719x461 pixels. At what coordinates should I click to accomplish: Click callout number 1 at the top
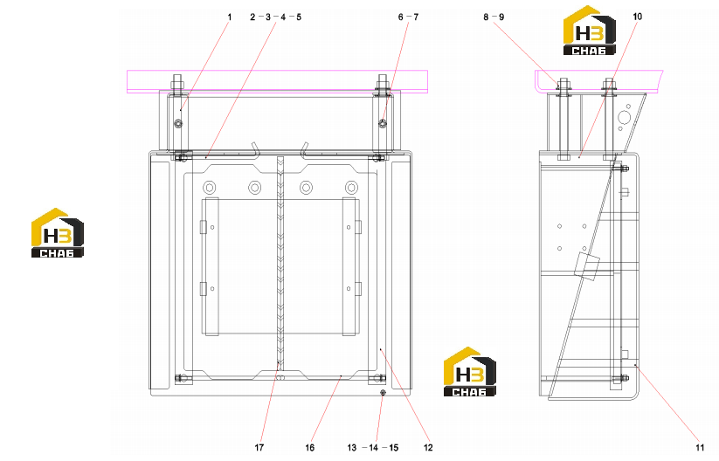click(x=230, y=17)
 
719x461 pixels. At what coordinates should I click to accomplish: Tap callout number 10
click(x=638, y=17)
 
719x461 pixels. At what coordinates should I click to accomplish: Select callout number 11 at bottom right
click(x=700, y=448)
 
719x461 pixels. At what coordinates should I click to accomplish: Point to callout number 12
click(x=428, y=448)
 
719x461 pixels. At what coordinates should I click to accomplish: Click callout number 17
click(x=259, y=448)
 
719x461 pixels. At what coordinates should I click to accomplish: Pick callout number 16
click(x=310, y=448)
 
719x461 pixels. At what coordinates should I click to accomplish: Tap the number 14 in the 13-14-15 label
click(x=373, y=448)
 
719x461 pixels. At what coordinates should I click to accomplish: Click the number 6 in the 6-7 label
click(x=401, y=17)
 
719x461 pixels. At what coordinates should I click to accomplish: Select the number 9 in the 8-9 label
click(x=501, y=17)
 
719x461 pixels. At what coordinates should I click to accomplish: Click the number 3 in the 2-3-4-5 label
click(x=268, y=17)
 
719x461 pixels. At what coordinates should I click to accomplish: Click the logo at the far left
click(x=58, y=233)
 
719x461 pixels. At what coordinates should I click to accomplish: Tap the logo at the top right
click(x=590, y=31)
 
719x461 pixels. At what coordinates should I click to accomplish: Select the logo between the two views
click(x=470, y=372)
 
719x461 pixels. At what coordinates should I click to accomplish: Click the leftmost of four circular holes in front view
click(x=209, y=188)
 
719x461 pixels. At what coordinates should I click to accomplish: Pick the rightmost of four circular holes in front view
click(x=351, y=188)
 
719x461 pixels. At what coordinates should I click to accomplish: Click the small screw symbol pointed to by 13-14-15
click(x=383, y=393)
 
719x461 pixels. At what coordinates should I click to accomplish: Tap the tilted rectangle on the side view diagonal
click(x=587, y=265)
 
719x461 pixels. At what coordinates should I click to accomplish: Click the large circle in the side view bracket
click(x=624, y=117)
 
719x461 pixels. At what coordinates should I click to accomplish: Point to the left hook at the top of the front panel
click(x=256, y=149)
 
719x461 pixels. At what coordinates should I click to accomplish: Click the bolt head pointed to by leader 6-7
click(x=383, y=123)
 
